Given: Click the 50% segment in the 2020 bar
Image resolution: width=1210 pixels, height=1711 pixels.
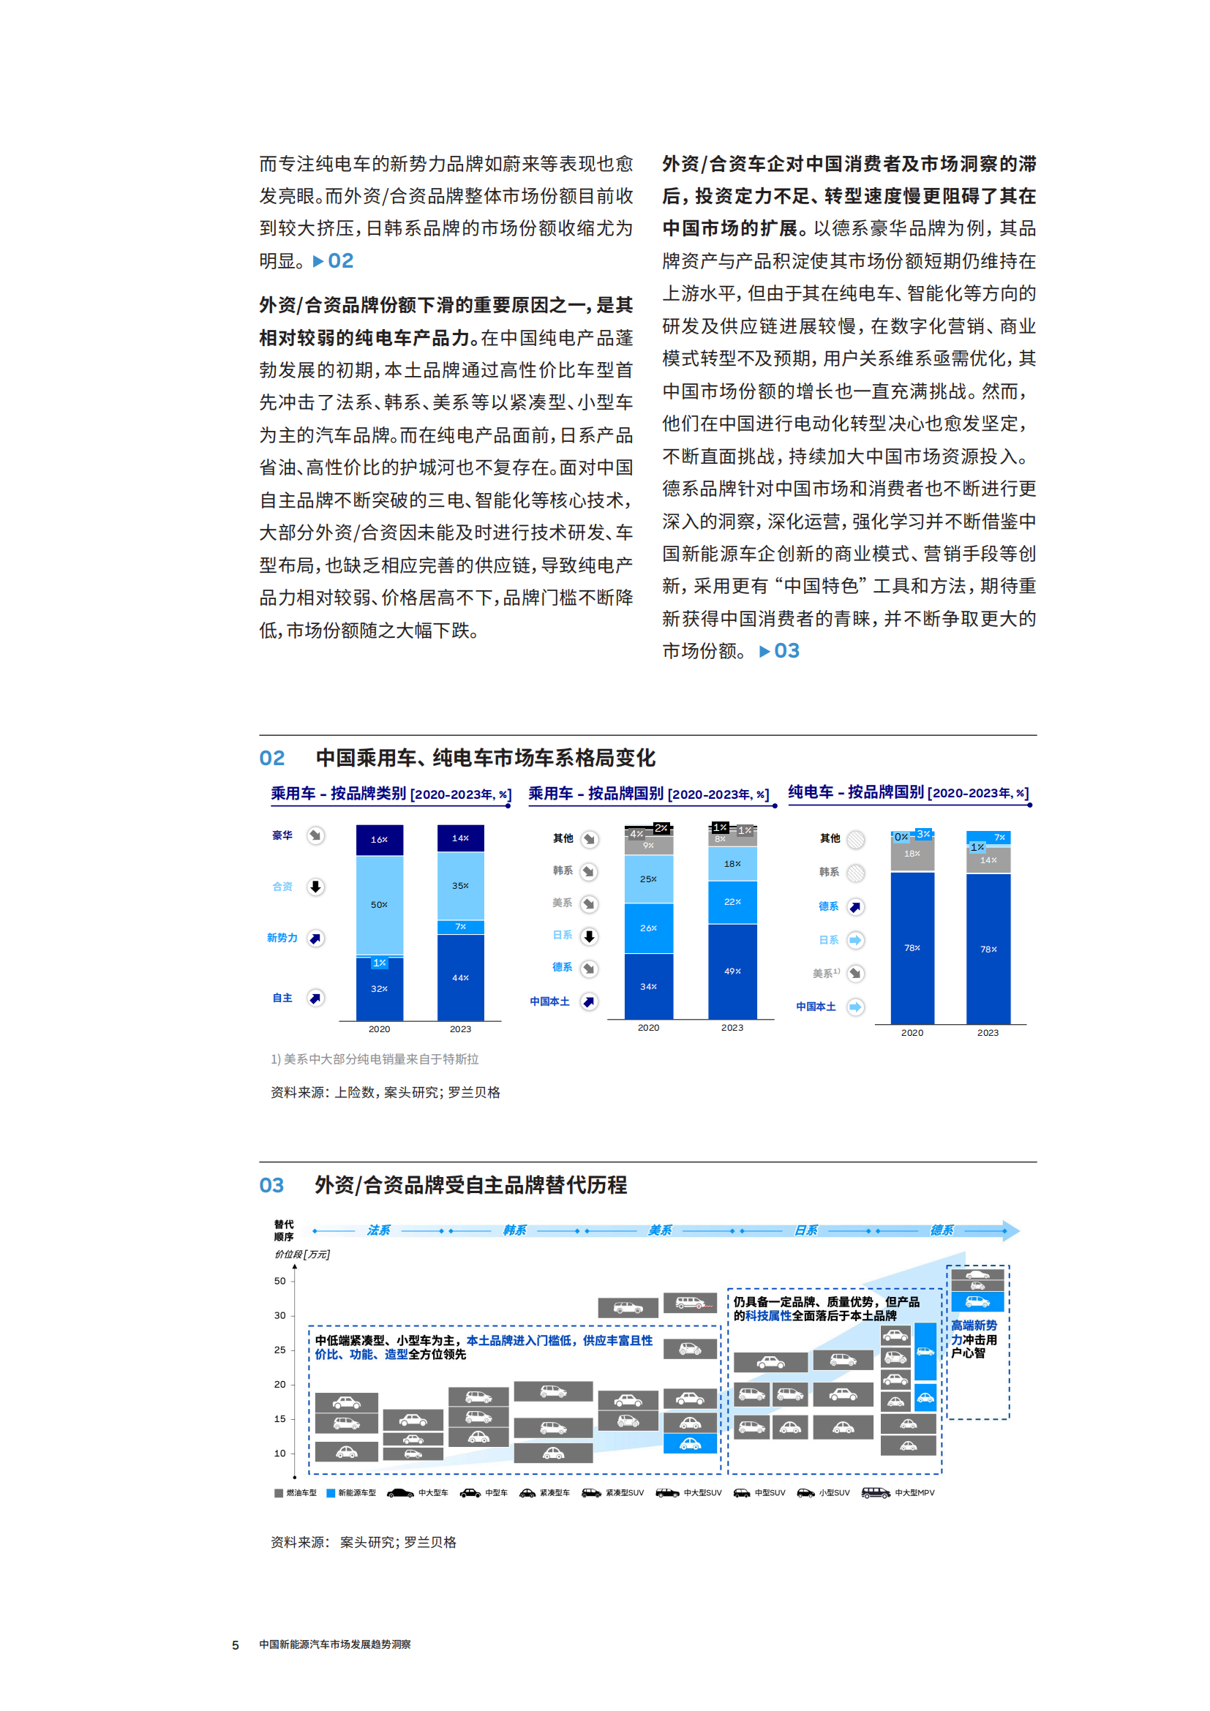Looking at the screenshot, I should point(379,905).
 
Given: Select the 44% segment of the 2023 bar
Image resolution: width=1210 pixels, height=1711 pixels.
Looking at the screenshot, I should point(460,977).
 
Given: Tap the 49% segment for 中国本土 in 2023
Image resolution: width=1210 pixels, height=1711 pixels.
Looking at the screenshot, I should point(732,971).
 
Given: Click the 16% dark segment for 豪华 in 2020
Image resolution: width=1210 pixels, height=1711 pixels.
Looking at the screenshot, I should point(379,840).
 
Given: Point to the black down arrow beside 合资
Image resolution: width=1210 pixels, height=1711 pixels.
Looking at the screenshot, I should point(316,887).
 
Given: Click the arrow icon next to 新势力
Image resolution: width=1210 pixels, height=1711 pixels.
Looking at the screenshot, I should point(316,939).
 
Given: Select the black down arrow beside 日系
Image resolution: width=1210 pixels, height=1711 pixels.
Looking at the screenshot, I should point(590,936).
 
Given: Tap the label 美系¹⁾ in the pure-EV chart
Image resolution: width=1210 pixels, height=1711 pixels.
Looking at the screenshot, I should point(825,973).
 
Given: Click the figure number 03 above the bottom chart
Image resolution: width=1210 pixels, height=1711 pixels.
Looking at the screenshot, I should point(272,1186).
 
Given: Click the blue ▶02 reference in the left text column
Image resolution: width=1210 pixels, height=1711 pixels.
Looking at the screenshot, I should point(334,261).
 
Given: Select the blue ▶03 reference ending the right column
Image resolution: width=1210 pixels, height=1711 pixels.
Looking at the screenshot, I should point(779,650).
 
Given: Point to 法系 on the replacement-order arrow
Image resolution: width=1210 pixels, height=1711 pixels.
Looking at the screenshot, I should point(378,1230).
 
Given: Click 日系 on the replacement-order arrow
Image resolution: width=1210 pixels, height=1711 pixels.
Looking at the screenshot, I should point(805,1230).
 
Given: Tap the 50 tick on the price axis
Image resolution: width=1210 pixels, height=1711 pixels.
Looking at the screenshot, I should point(280,1281).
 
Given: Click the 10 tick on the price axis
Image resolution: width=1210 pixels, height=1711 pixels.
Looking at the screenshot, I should point(280,1454).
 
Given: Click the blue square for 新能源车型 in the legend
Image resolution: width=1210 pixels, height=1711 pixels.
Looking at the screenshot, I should point(331,1493).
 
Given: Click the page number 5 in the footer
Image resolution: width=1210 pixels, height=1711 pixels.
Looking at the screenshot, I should point(236,1644).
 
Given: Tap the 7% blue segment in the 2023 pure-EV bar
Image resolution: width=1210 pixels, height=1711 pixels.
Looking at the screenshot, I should point(999,838).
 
